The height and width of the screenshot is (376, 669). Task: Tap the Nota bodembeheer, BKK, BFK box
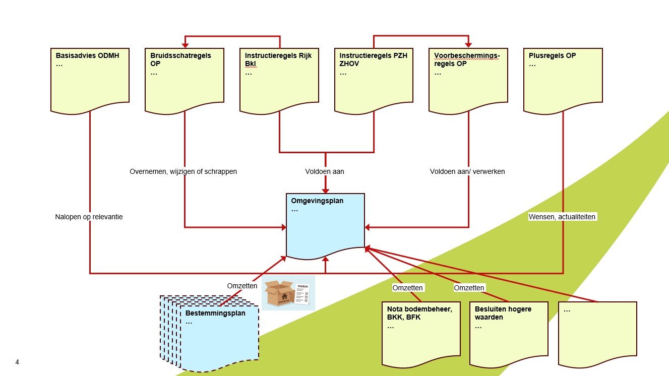point(421,333)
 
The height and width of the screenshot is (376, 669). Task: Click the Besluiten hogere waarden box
point(508,333)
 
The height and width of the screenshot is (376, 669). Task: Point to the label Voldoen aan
point(325,171)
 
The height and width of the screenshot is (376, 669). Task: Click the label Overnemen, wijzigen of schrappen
point(183,171)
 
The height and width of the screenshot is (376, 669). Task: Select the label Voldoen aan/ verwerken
point(467,171)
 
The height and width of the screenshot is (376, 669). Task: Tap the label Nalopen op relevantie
point(89,217)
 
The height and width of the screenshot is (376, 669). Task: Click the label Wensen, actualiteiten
point(562,217)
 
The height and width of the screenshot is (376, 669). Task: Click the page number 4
point(18,362)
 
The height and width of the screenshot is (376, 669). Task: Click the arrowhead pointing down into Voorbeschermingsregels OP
point(468,45)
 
